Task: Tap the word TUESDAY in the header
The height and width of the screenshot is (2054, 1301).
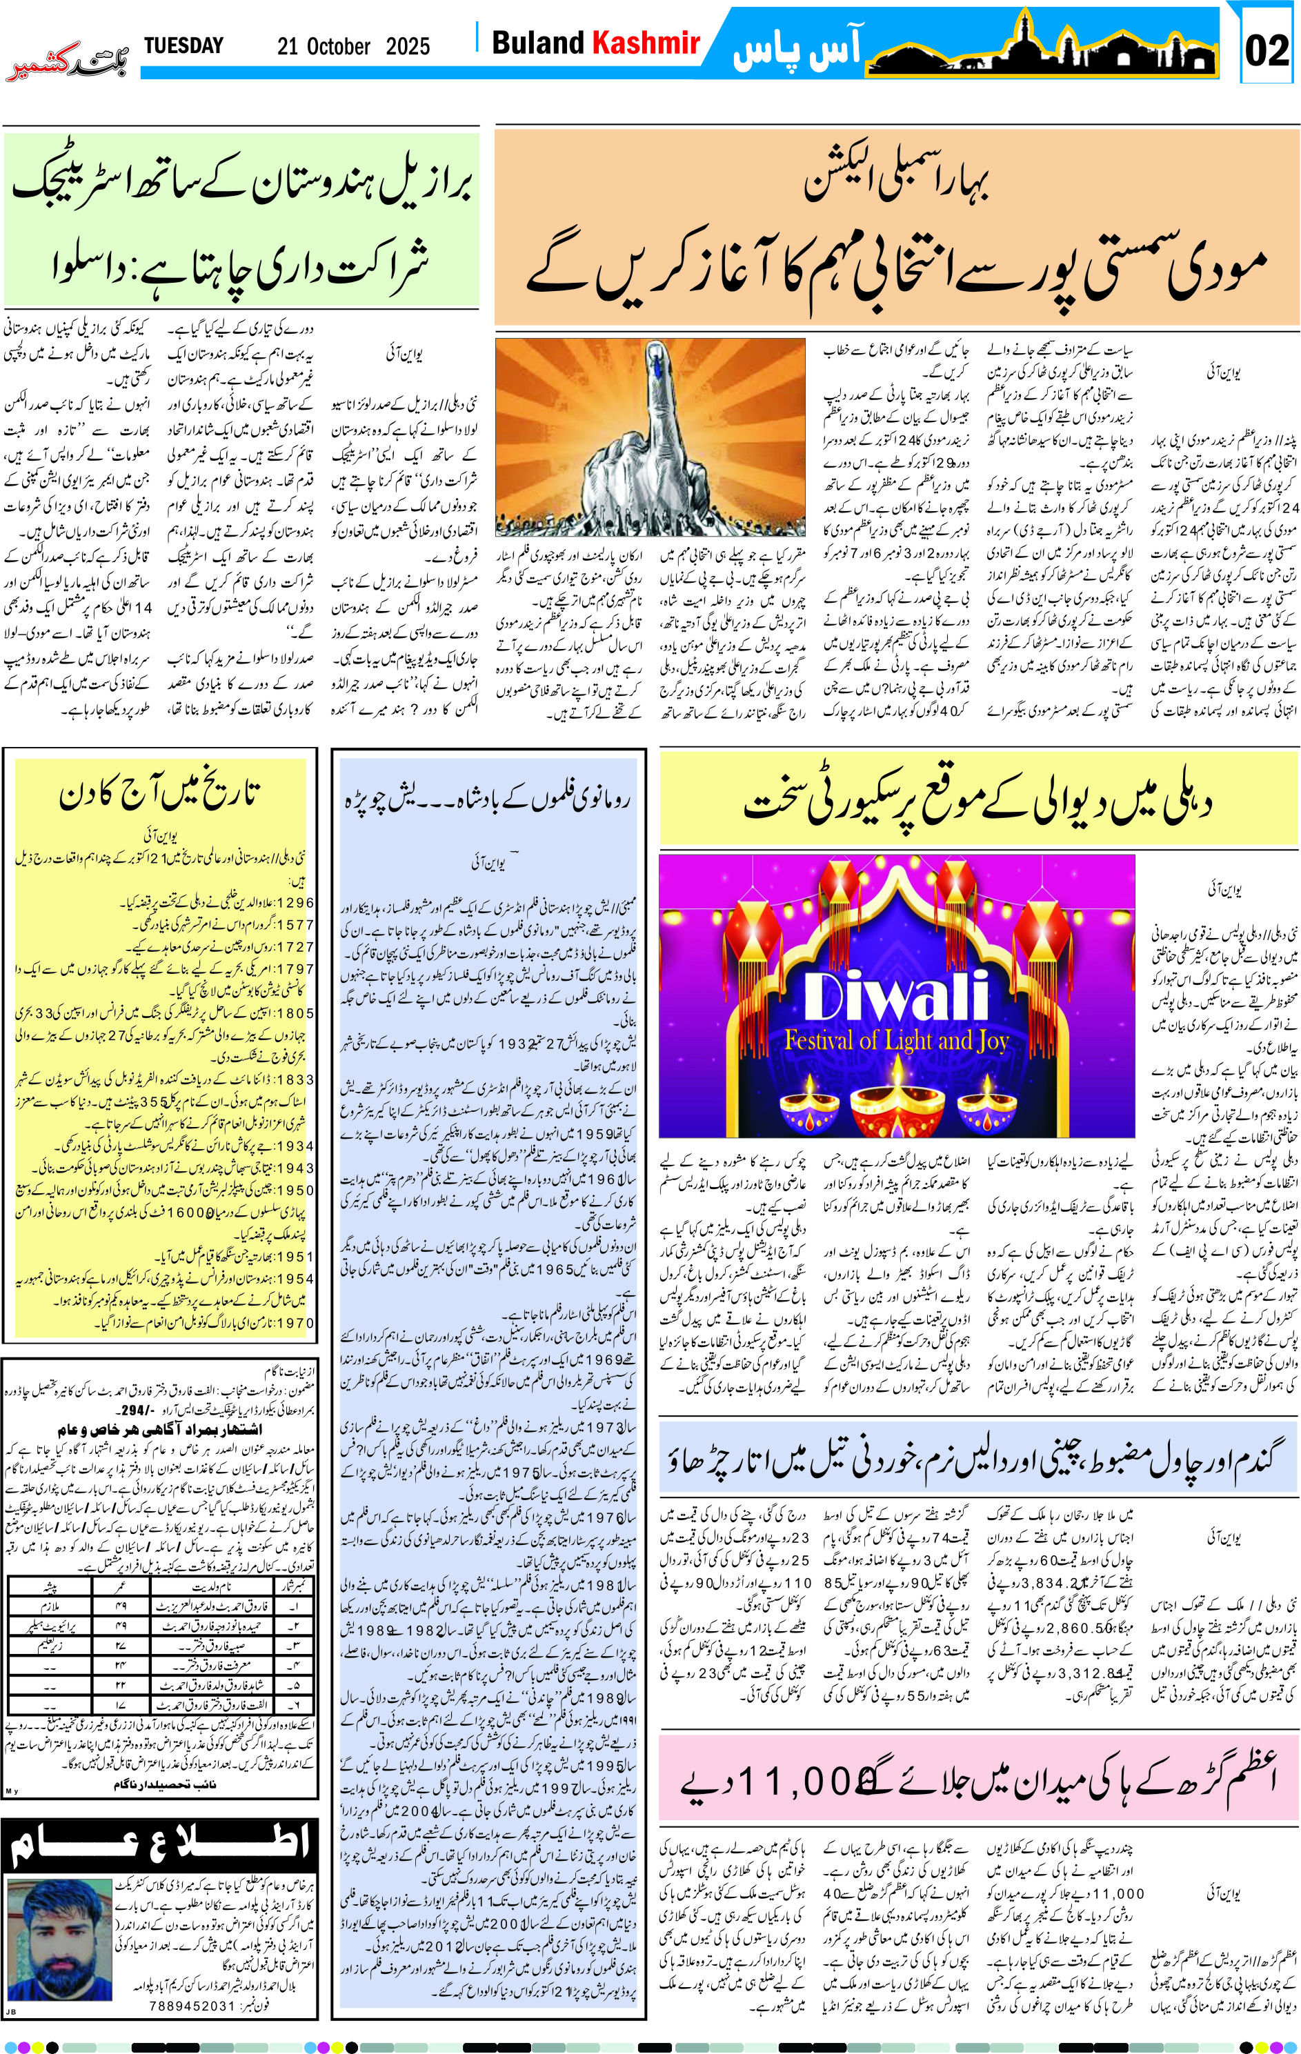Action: [x=183, y=46]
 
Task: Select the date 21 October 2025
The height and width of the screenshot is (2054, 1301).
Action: [x=353, y=46]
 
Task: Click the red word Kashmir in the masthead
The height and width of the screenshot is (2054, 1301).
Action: [x=646, y=43]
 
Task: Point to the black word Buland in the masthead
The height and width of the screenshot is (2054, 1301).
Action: [x=538, y=43]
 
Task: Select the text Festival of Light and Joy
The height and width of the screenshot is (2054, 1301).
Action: [x=897, y=1041]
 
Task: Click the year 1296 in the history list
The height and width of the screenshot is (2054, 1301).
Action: [x=295, y=902]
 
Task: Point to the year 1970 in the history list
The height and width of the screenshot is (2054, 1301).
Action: [x=295, y=1323]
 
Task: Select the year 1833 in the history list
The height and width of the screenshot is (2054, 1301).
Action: [x=295, y=1079]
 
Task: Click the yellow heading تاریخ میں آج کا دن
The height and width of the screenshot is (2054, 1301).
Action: [x=159, y=795]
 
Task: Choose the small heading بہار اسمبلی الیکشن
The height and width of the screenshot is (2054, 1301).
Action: [x=896, y=180]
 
